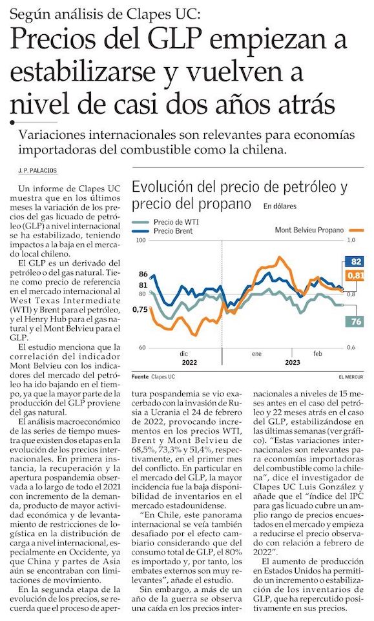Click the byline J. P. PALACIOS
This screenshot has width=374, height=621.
[37, 170]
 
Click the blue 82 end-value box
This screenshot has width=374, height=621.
[355, 261]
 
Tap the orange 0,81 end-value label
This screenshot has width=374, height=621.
[355, 275]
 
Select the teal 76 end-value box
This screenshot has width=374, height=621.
[355, 321]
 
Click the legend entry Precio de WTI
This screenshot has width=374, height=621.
[176, 222]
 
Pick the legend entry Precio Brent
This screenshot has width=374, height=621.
[173, 231]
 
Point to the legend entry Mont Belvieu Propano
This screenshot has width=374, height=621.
[309, 230]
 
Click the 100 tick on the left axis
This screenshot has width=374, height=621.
[141, 240]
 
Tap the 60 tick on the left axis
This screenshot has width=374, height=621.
[142, 348]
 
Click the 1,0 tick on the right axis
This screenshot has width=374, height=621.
[351, 240]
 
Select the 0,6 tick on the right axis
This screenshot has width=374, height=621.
[351, 348]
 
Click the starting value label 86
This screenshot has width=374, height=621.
[143, 274]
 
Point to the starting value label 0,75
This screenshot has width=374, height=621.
[141, 309]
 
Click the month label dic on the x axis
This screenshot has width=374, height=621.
[184, 354]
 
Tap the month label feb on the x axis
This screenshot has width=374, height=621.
[318, 354]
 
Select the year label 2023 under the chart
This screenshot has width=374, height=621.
[293, 362]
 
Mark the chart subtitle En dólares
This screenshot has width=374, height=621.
[280, 207]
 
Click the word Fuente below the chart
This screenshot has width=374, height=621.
[140, 376]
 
